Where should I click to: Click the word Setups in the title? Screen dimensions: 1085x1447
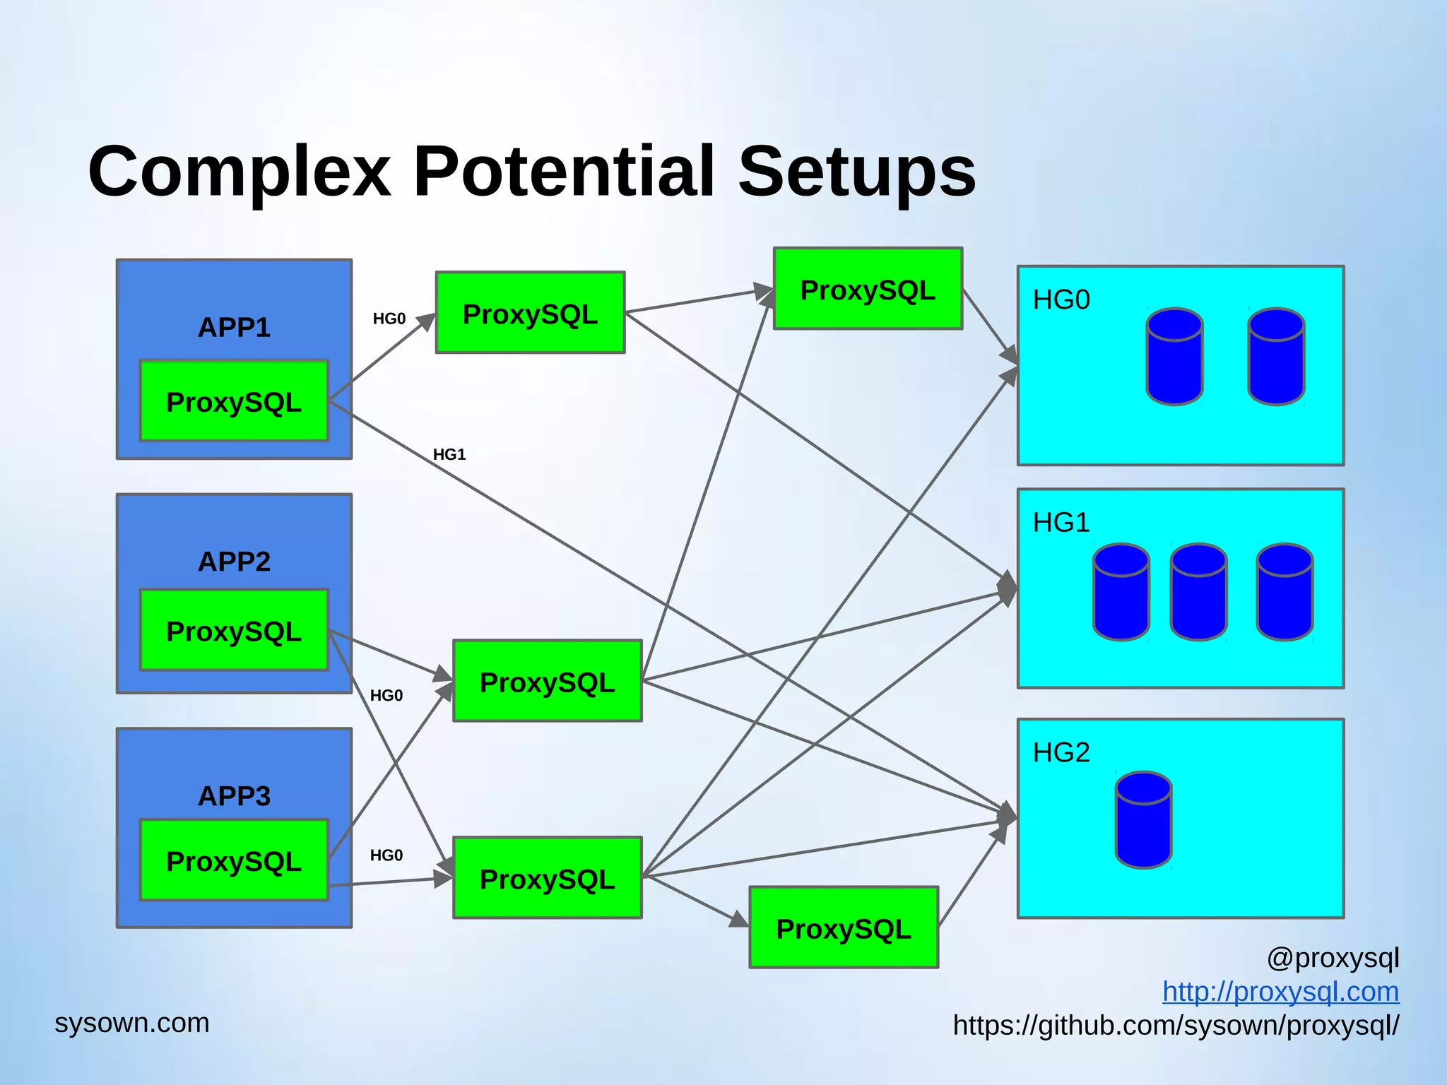pyautogui.click(x=856, y=172)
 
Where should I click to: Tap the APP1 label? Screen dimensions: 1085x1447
pyautogui.click(x=234, y=327)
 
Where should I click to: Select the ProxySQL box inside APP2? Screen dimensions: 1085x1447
pyautogui.click(x=234, y=630)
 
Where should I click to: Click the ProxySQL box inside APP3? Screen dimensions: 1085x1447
pyautogui.click(x=234, y=860)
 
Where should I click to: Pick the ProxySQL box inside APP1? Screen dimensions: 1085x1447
pyautogui.click(x=234, y=401)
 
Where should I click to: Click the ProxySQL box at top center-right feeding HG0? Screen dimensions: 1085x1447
pyautogui.click(x=868, y=289)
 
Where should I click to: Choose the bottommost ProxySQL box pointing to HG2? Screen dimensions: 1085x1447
pyautogui.click(x=844, y=927)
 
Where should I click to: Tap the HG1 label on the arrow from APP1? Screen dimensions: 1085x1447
pyautogui.click(x=449, y=454)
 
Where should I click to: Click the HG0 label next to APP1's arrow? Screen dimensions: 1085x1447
pyautogui.click(x=389, y=319)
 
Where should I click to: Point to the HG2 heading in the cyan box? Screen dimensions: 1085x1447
pyautogui.click(x=1061, y=752)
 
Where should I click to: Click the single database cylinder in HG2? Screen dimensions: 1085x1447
pyautogui.click(x=1144, y=820)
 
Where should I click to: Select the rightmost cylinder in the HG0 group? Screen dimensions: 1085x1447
pyautogui.click(x=1276, y=357)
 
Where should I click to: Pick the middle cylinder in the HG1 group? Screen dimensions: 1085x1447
pyautogui.click(x=1198, y=592)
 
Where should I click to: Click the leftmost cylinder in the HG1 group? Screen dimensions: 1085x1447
pyautogui.click(x=1121, y=592)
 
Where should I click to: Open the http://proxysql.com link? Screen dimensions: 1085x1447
pyautogui.click(x=1280, y=991)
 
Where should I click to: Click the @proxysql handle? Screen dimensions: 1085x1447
pyautogui.click(x=1333, y=958)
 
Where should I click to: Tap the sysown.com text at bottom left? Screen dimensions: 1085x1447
pyautogui.click(x=132, y=1022)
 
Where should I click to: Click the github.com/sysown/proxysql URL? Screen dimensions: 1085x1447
pyautogui.click(x=1176, y=1025)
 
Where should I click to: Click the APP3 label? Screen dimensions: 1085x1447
pyautogui.click(x=234, y=796)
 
